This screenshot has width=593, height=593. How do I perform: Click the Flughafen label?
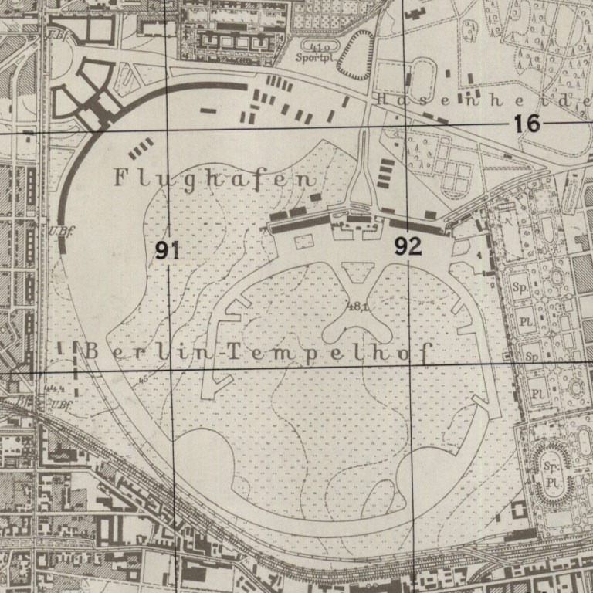215,179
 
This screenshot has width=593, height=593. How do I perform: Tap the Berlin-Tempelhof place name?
256,351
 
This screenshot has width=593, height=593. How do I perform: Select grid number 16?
528,123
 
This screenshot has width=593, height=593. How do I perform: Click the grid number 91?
167,250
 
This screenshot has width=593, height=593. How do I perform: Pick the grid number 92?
408,246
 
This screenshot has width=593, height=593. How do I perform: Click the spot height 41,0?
317,46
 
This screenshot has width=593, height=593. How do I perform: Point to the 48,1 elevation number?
357,307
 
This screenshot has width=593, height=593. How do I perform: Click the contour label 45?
143,379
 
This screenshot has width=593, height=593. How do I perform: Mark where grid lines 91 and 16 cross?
169,130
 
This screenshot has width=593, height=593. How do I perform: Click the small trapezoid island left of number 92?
357,271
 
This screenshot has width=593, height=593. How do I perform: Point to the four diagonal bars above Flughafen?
140,148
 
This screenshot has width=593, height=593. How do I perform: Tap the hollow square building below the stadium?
518,510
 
